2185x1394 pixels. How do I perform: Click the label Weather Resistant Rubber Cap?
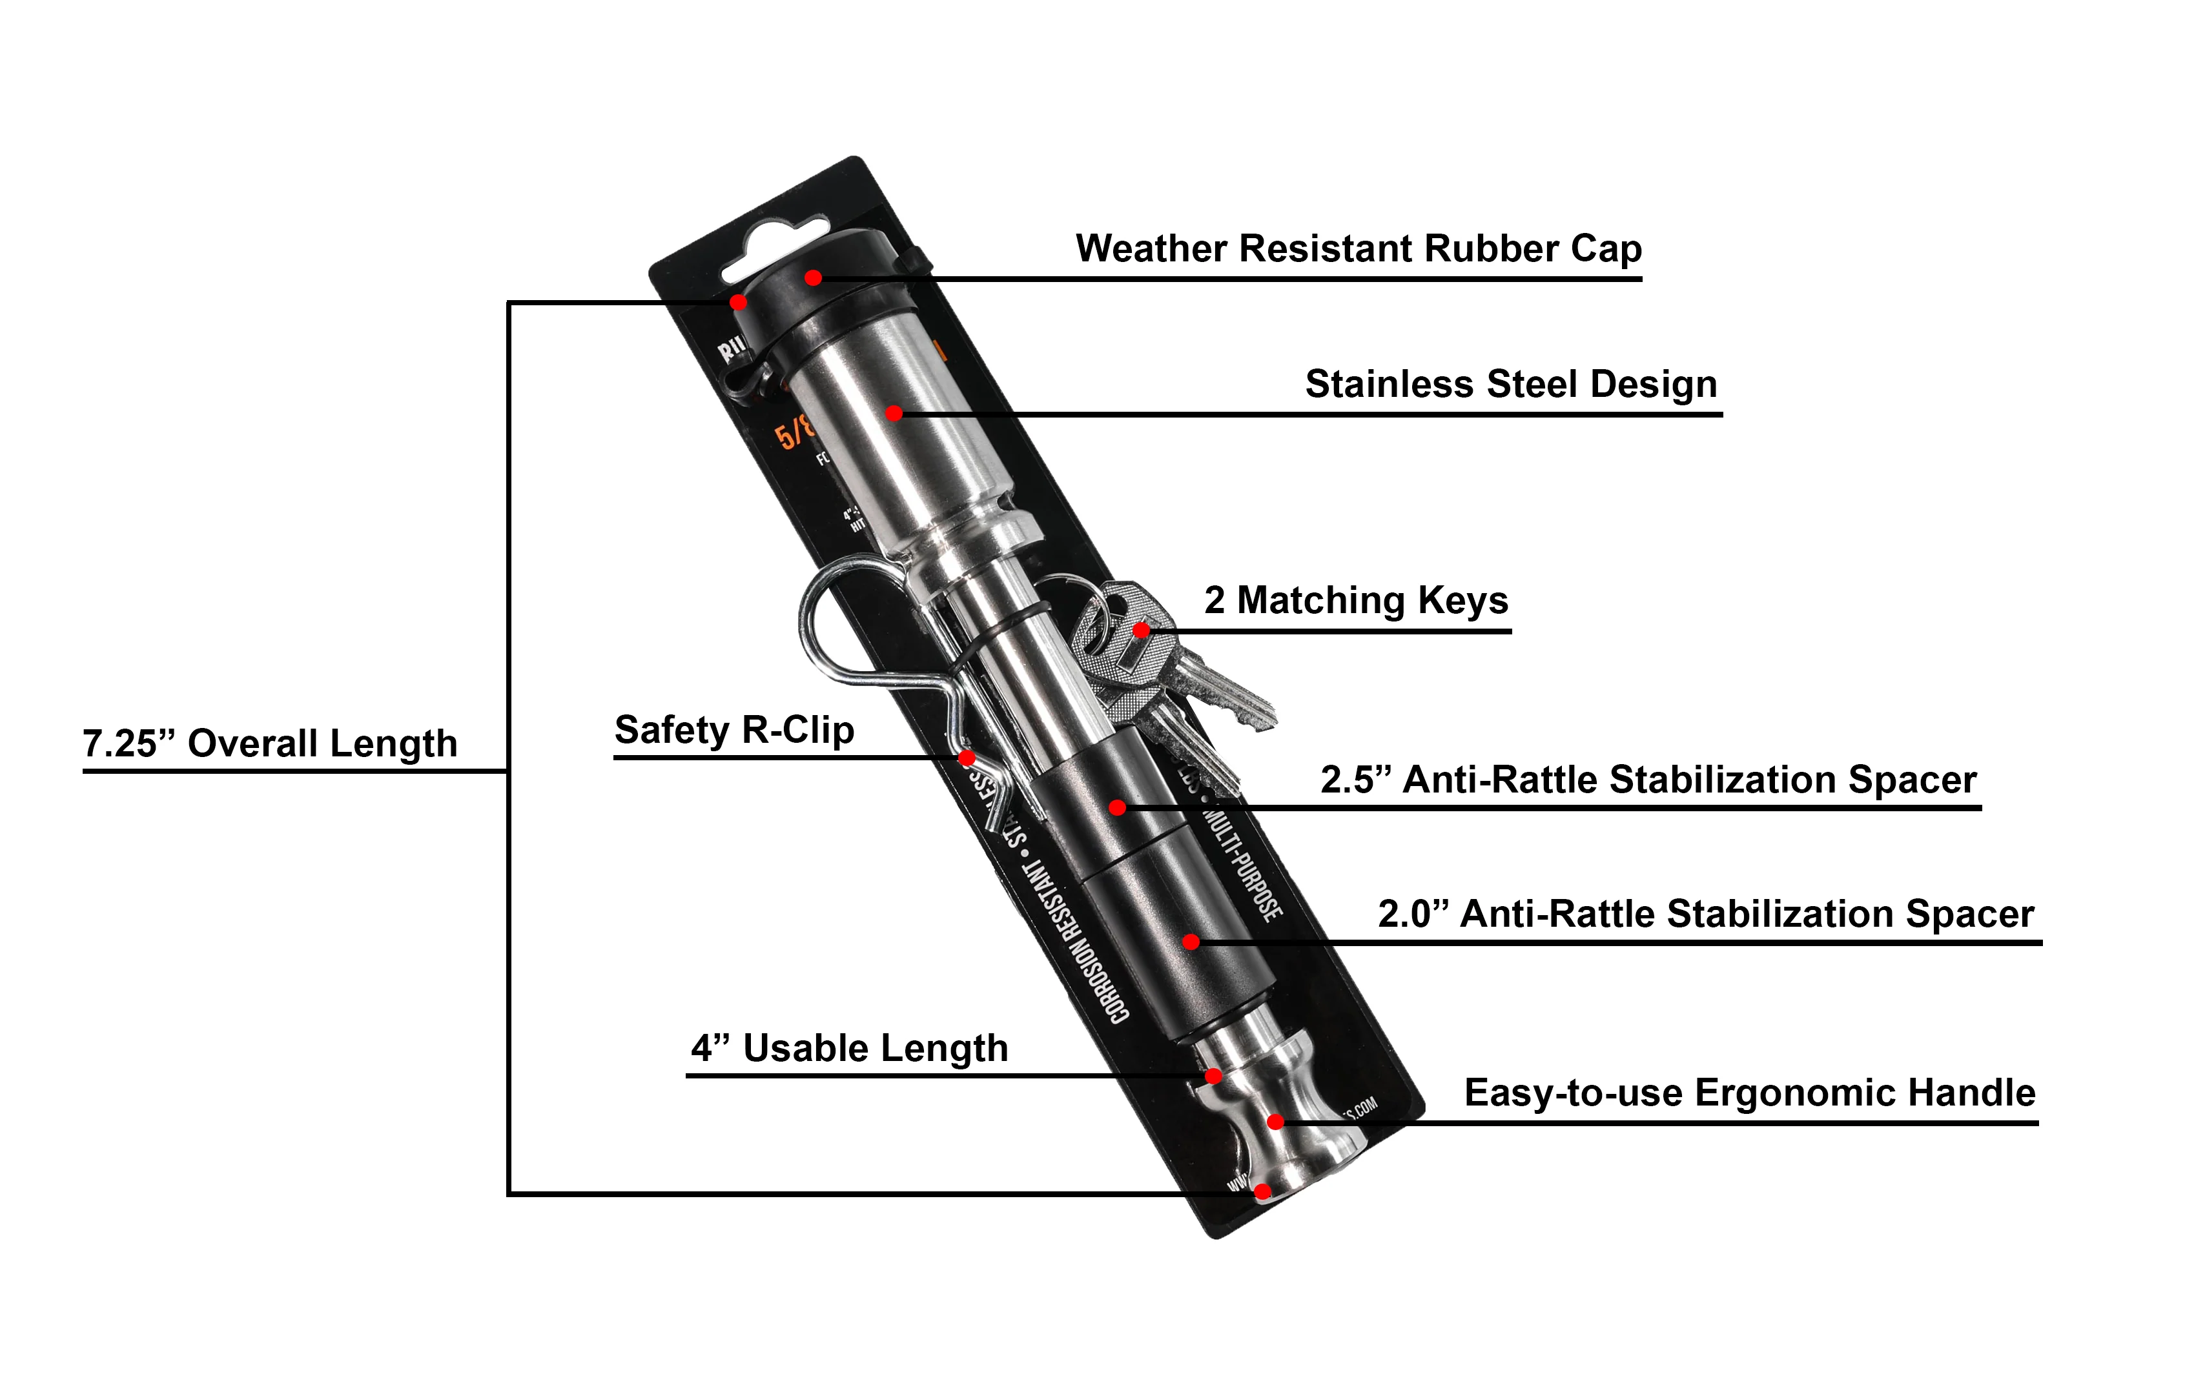(x=1359, y=248)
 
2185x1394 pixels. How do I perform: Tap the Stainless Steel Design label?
(x=1511, y=385)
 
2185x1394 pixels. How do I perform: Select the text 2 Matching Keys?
(x=1356, y=600)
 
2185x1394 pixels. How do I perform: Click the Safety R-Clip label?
(x=734, y=730)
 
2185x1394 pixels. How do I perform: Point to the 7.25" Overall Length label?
(x=269, y=743)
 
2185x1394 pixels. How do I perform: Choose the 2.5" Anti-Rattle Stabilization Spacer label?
(x=1648, y=780)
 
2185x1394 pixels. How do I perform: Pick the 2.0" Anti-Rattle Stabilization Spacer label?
(x=1706, y=914)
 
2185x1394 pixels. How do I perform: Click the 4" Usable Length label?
(x=849, y=1049)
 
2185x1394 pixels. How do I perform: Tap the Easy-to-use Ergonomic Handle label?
(x=1749, y=1093)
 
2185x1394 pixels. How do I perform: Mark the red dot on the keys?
(x=1142, y=629)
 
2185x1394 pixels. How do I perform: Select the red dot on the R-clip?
(x=967, y=757)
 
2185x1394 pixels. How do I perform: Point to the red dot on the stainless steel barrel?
(x=894, y=414)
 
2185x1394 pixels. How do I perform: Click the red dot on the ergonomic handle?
(x=1275, y=1122)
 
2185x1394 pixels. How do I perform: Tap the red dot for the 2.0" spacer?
(x=1191, y=942)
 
